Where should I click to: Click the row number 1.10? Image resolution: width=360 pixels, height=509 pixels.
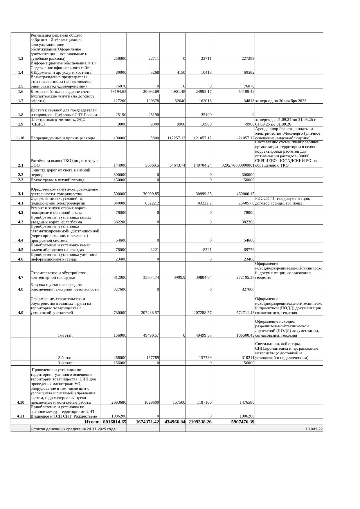pyautogui.click(x=21, y=138)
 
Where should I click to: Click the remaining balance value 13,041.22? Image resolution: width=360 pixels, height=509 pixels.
pyautogui.click(x=314, y=429)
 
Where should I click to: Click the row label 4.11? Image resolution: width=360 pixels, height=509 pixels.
pyautogui.click(x=21, y=416)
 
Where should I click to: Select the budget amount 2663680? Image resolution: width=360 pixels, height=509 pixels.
pyautogui.click(x=119, y=402)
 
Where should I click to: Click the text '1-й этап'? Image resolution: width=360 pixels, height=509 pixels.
pyautogui.click(x=65, y=335)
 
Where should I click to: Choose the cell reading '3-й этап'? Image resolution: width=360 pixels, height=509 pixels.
pyautogui.click(x=65, y=363)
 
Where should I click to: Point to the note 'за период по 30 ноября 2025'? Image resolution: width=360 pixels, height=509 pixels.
pyautogui.click(x=281, y=101)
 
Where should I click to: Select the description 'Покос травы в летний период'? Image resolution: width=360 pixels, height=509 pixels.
pyautogui.click(x=57, y=180)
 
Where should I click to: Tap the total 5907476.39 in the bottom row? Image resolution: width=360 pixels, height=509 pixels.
pyautogui.click(x=240, y=422)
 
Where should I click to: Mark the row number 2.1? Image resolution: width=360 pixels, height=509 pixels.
pyautogui.click(x=21, y=165)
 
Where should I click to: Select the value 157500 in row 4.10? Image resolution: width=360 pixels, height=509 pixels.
pyautogui.click(x=179, y=402)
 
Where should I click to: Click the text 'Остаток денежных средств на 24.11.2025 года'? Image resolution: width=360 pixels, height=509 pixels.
pyautogui.click(x=73, y=429)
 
